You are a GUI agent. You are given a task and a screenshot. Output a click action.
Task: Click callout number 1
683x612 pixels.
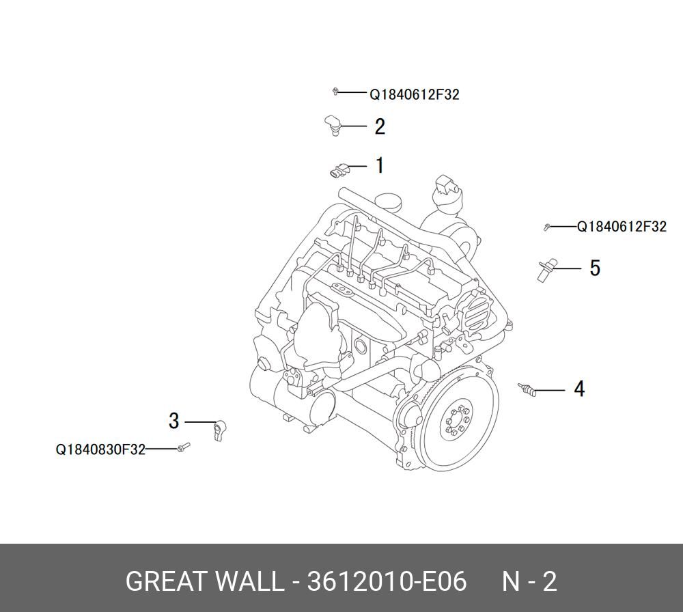click(x=380, y=165)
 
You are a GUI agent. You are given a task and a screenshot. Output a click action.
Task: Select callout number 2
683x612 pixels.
click(x=380, y=127)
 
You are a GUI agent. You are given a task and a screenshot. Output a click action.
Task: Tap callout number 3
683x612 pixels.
click(x=173, y=421)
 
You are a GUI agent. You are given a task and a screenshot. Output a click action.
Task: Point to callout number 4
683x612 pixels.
click(x=579, y=389)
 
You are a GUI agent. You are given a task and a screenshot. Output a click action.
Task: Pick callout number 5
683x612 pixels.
click(x=595, y=268)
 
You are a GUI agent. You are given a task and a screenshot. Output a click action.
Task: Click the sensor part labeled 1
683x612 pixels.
click(x=338, y=170)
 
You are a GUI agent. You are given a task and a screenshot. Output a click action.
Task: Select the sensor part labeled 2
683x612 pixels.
click(x=333, y=124)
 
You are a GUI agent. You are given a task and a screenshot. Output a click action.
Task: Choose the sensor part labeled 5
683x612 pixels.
click(x=546, y=269)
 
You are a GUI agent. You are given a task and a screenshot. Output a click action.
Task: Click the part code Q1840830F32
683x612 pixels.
click(x=100, y=449)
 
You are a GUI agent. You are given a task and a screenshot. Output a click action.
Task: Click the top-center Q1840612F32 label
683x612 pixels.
click(x=415, y=94)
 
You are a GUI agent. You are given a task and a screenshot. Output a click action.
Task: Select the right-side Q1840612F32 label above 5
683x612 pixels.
click(x=622, y=227)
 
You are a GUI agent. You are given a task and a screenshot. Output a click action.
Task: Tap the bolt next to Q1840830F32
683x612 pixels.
click(x=184, y=447)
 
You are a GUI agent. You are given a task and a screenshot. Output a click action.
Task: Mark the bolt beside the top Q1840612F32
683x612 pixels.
click(x=335, y=91)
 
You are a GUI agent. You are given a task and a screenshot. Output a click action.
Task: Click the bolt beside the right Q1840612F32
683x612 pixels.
click(x=546, y=227)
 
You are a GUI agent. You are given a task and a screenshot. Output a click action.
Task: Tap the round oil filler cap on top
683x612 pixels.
click(x=388, y=201)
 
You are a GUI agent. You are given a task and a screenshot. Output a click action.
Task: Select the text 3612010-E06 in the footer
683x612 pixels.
click(x=387, y=581)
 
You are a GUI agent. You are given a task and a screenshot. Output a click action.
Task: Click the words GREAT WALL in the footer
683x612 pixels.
click(x=204, y=581)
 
